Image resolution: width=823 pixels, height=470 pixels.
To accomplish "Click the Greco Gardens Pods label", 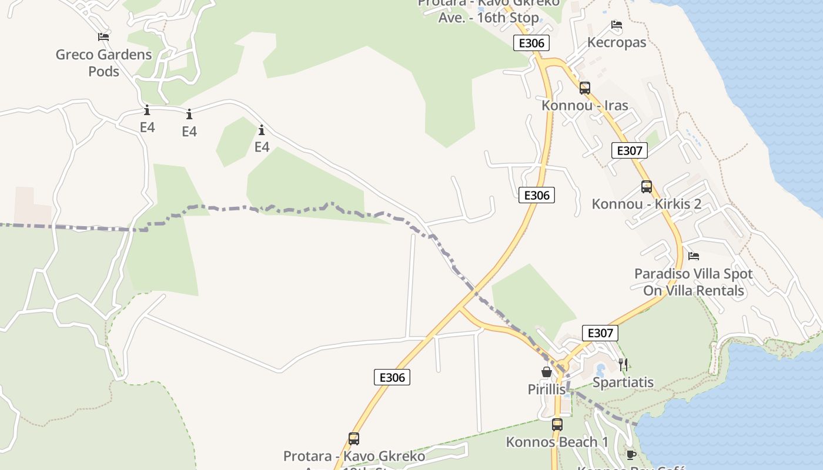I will click(103, 63).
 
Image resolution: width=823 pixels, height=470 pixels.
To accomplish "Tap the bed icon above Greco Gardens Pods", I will click(103, 37).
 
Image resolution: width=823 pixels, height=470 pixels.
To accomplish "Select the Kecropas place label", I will click(617, 42).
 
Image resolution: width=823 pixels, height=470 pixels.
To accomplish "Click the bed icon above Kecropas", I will click(617, 25).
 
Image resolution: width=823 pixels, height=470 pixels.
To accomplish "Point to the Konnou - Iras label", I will click(584, 106).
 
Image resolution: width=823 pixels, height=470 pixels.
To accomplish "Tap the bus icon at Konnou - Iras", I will click(584, 88).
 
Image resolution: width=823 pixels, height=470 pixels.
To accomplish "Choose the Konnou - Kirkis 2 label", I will click(646, 204).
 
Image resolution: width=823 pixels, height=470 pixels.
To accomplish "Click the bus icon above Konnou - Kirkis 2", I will click(647, 187).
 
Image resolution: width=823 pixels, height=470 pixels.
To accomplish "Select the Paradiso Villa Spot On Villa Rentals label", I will click(693, 282).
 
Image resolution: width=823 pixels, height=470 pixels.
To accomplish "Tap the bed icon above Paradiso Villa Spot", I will click(694, 256).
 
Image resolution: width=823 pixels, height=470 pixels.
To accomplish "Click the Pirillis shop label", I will click(547, 390).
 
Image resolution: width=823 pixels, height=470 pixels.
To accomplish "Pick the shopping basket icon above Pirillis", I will click(547, 372).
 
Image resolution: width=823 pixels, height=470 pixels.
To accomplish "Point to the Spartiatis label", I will click(623, 382).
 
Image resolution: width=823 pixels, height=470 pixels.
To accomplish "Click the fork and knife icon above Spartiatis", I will click(623, 364).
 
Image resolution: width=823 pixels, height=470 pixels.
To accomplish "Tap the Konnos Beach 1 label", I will click(557, 442).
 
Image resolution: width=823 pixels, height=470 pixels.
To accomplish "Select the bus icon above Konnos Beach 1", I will click(557, 424).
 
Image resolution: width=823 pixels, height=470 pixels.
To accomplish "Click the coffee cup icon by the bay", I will click(631, 455).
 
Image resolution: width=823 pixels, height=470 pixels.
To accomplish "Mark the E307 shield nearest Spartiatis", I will click(600, 333).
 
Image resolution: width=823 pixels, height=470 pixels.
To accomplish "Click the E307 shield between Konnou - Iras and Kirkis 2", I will click(629, 150).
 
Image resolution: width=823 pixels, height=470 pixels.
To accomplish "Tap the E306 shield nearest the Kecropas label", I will click(531, 43).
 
